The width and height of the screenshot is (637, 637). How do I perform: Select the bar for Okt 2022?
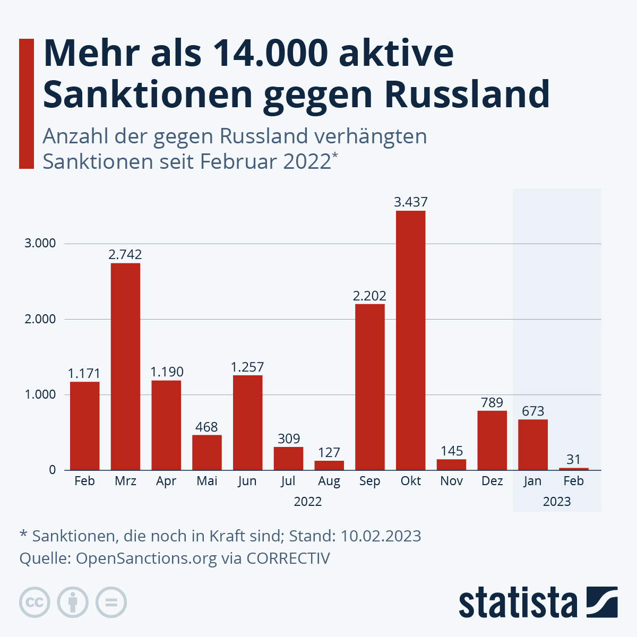[410, 340]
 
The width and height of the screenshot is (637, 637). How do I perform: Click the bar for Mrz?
[125, 366]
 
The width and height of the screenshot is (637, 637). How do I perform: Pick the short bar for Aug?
[329, 466]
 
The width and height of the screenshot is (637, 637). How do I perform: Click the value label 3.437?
[410, 202]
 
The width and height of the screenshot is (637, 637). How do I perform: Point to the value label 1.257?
[247, 367]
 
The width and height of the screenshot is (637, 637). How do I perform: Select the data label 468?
[206, 427]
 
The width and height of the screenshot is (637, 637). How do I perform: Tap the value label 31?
[573, 459]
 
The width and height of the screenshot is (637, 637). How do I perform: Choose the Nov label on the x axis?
[452, 481]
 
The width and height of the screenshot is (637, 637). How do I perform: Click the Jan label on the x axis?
[532, 481]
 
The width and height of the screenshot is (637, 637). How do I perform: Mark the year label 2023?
[557, 502]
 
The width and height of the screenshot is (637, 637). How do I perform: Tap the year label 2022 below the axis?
[308, 502]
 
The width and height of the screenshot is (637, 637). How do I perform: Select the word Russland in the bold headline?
[467, 94]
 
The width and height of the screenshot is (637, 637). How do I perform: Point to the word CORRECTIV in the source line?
[288, 558]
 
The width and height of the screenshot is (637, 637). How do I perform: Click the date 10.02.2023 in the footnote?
[381, 536]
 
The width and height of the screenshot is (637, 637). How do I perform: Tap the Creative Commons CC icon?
[35, 602]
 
